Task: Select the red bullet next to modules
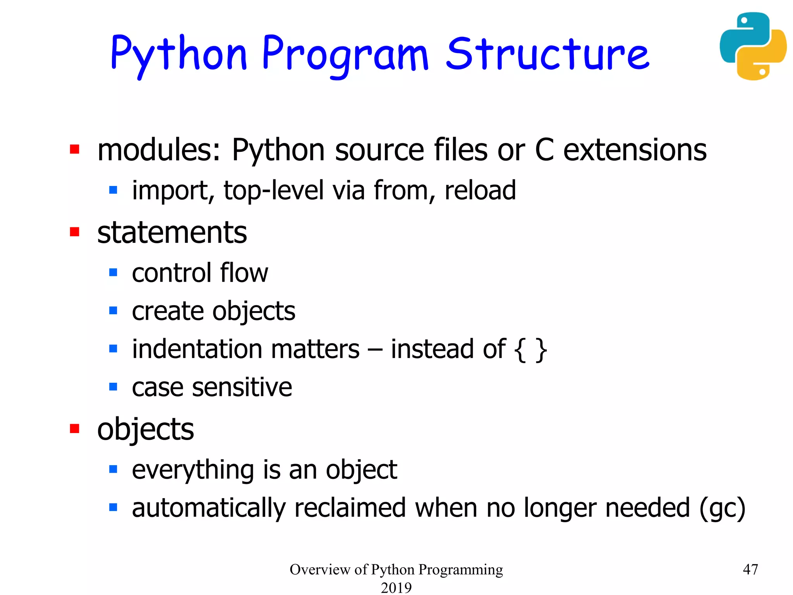74,149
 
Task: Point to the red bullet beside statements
74,232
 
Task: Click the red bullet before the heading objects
74,428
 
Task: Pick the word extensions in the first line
635,150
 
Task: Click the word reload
480,190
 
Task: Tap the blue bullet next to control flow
113,272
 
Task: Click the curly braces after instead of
530,349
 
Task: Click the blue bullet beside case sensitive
113,387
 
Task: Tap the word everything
193,470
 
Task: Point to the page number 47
750,569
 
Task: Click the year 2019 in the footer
396,587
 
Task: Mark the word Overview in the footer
320,569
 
